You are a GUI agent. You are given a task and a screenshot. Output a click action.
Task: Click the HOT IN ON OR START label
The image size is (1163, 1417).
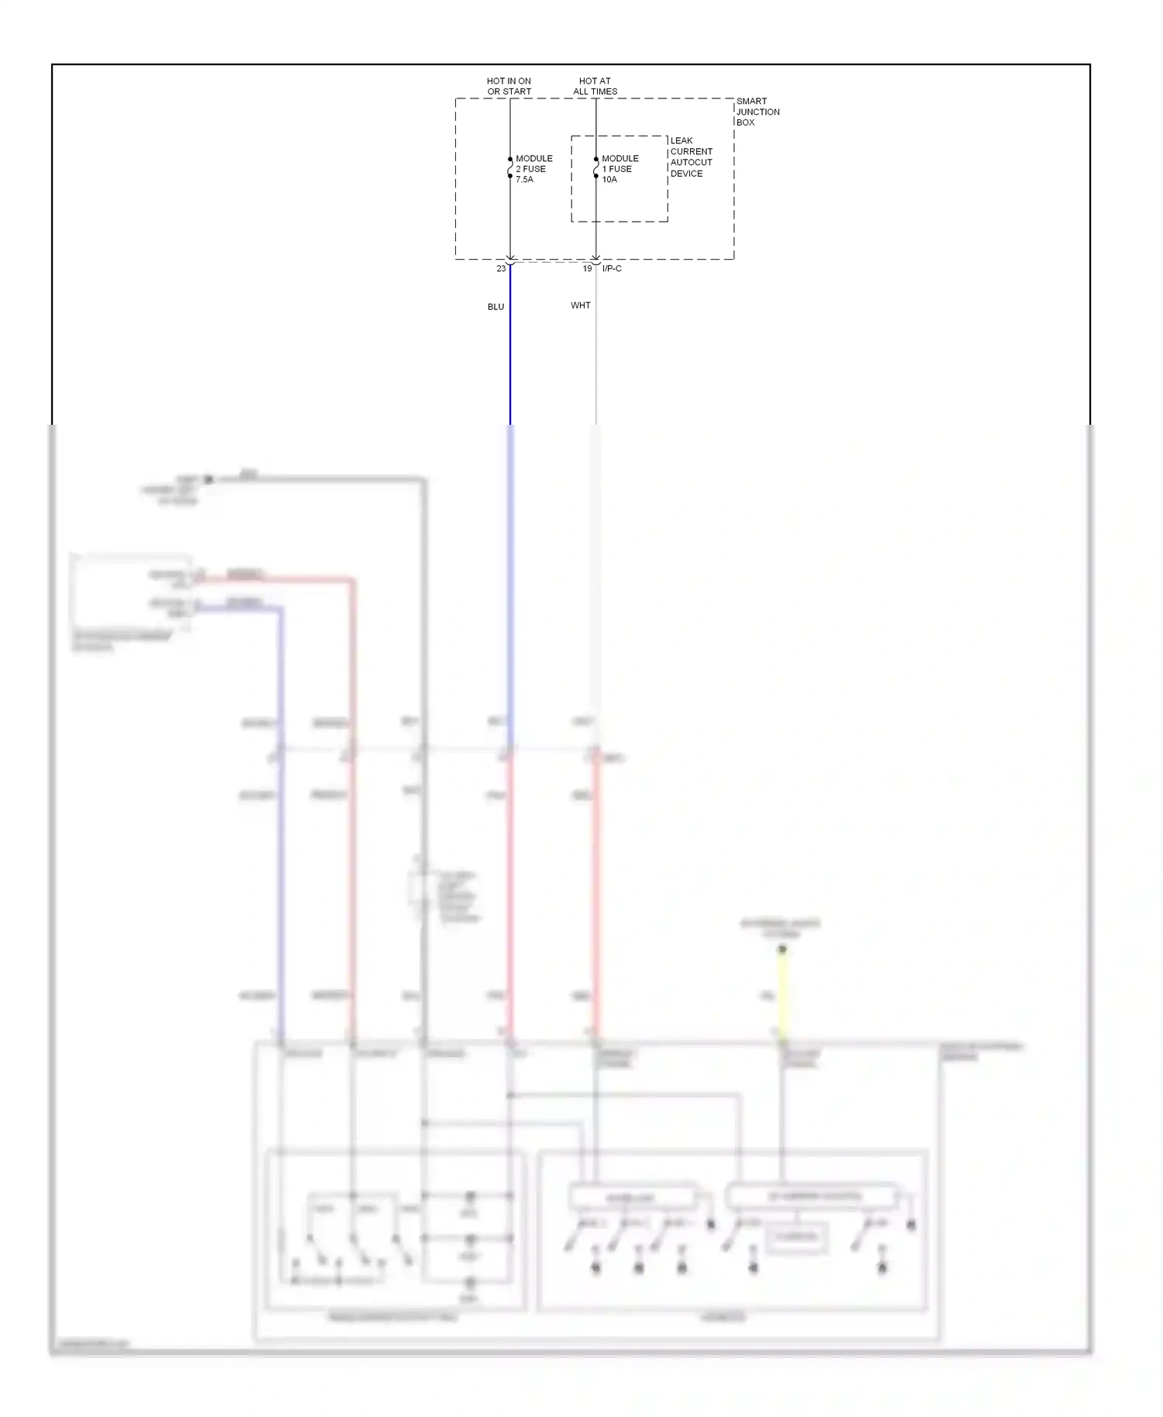point(509,86)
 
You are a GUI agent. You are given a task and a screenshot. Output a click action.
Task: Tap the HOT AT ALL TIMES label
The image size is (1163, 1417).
point(595,86)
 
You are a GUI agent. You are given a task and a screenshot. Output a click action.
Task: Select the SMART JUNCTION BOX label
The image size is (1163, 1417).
point(758,112)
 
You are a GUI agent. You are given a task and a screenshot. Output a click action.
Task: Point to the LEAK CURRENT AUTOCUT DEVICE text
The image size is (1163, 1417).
point(691,157)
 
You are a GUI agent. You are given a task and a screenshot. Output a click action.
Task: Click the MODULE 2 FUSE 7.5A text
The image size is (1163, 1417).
point(533,169)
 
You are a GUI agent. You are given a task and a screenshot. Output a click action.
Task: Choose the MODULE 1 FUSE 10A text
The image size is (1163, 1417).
point(619,169)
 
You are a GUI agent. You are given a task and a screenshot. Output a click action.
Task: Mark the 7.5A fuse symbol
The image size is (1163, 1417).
point(510,167)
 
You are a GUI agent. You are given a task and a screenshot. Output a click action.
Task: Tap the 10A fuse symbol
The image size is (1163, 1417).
point(596,167)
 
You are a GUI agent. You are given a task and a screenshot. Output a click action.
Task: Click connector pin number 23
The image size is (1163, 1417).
point(501,269)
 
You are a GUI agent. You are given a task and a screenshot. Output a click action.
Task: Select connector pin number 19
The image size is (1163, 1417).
point(587,269)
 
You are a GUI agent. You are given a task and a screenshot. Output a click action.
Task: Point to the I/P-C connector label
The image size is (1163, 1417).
point(612,269)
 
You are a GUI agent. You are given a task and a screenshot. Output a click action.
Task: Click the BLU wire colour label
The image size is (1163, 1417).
point(495,307)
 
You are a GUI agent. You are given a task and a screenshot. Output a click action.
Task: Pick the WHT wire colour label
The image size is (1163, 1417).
point(580,305)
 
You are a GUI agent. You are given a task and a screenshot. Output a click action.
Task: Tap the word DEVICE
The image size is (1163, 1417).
point(686,174)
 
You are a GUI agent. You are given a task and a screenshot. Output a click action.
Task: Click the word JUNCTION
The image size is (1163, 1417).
point(758,112)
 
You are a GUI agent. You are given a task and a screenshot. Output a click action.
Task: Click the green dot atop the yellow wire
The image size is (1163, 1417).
point(782,949)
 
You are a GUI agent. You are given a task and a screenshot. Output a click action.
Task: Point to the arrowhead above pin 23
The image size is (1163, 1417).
point(510,258)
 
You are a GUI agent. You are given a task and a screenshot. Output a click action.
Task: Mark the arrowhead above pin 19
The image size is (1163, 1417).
point(596,258)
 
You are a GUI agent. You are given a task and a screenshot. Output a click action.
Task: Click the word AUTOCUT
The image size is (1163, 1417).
point(691,163)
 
